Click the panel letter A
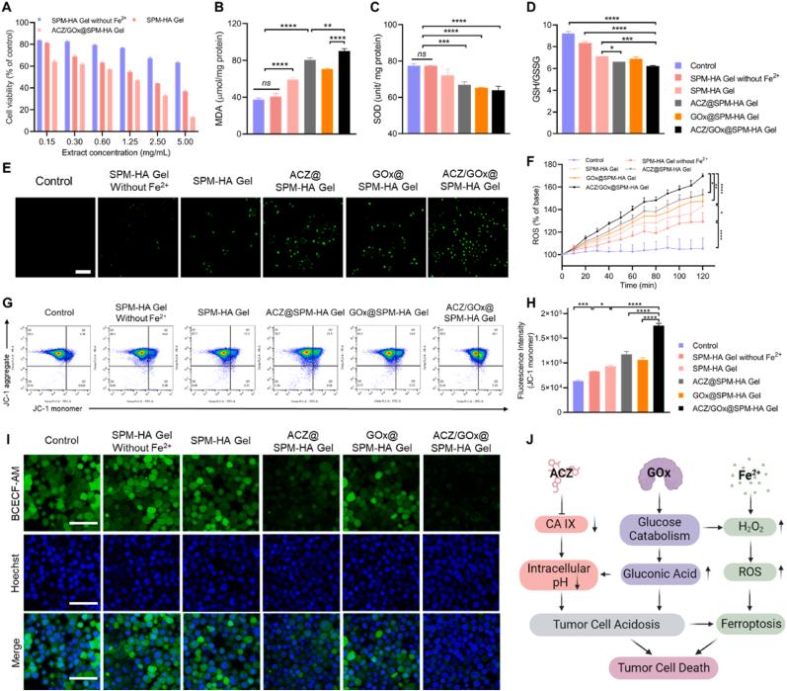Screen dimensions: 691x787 coord(7,9)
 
